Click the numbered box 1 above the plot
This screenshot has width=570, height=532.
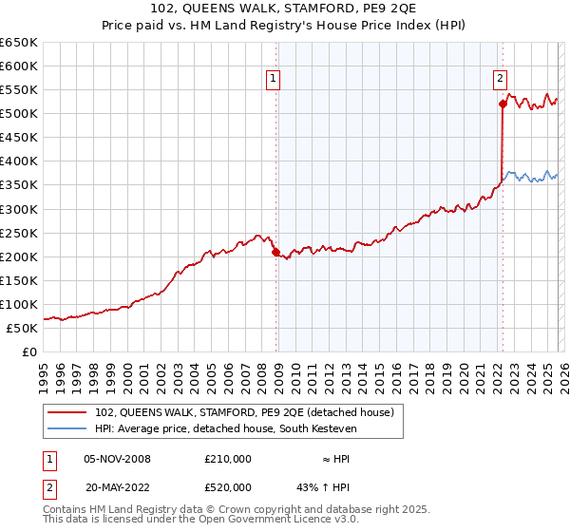273,79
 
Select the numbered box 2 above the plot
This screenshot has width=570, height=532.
500,79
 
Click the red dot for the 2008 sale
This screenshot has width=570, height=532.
276,252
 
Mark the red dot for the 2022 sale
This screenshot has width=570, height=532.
503,104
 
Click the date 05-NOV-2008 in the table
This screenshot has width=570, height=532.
118,459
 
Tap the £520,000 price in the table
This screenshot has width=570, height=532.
228,486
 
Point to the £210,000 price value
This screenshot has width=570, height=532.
228,459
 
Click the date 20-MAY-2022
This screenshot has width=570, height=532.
118,486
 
